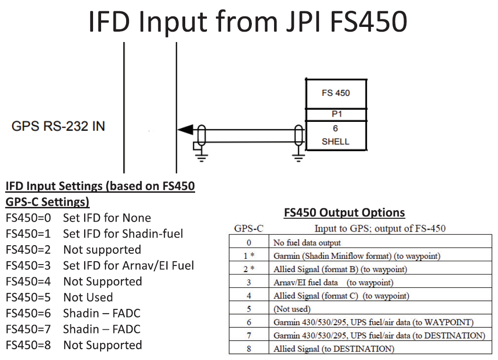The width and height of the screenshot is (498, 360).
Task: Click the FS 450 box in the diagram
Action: tap(336, 93)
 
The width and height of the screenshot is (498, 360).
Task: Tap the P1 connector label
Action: tap(336, 114)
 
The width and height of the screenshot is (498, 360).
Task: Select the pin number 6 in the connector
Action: tap(335, 129)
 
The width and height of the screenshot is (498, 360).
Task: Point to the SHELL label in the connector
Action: tap(335, 141)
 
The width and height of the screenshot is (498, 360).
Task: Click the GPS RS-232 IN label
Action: tap(59, 126)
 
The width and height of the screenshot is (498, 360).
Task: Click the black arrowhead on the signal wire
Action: tap(185, 129)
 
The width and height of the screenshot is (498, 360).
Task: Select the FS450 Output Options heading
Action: tap(344, 213)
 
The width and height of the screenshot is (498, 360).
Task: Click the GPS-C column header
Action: tap(249, 229)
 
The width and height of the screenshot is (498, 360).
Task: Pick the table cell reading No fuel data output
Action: tap(307, 243)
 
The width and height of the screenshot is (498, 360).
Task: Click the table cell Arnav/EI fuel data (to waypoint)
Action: tap(333, 283)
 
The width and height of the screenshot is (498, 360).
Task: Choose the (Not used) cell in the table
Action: tap(292, 309)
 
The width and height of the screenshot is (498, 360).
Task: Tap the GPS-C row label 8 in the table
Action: tap(249, 349)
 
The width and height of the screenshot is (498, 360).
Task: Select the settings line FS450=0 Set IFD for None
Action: tap(78, 218)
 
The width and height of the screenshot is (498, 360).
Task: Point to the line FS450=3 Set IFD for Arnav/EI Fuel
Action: tap(100, 266)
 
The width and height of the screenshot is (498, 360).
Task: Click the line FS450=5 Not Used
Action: tap(60, 297)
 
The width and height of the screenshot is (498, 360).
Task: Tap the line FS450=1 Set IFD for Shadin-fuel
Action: tap(94, 233)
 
